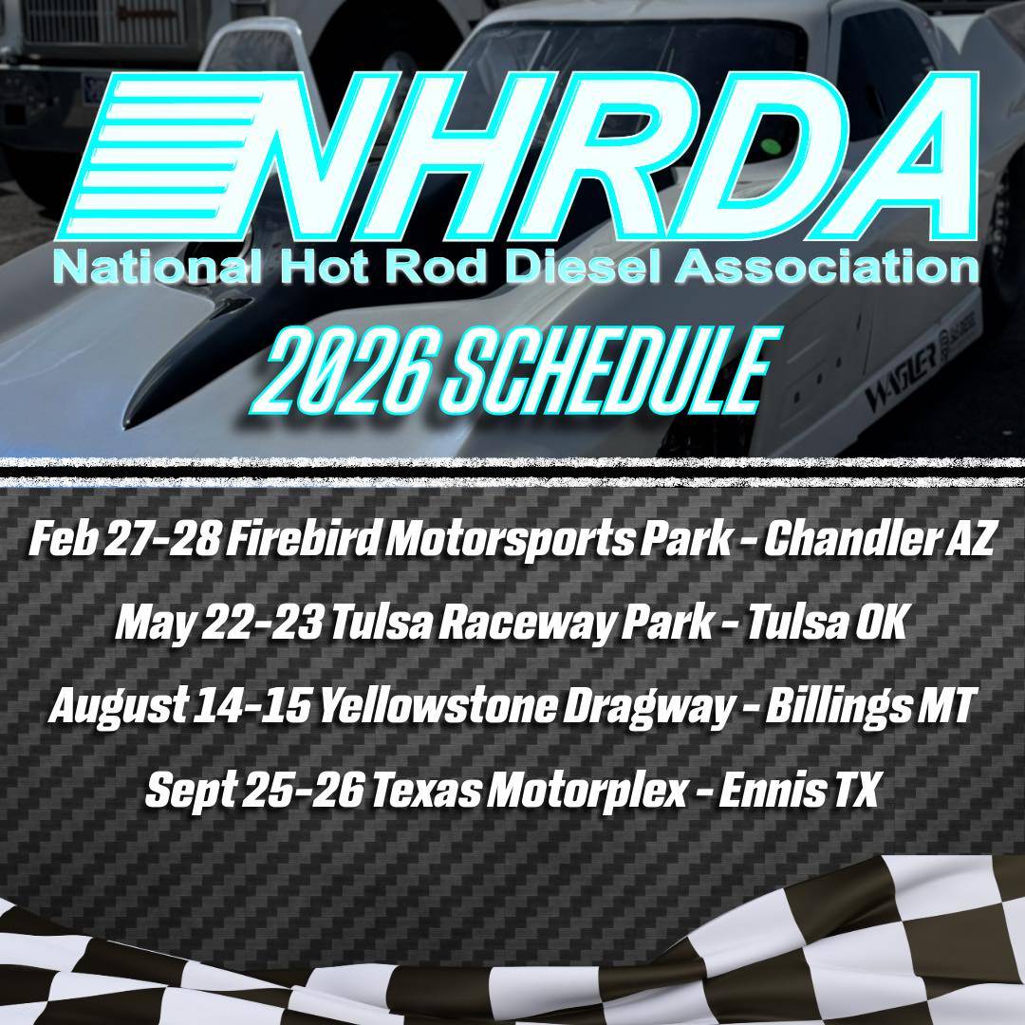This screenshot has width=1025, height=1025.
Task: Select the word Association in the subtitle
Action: (x=827, y=267)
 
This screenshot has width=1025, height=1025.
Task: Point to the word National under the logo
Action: (x=158, y=267)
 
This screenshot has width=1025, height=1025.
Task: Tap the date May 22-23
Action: (x=218, y=624)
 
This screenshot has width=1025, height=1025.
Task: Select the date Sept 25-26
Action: (x=254, y=790)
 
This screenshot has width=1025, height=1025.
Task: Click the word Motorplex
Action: (x=587, y=790)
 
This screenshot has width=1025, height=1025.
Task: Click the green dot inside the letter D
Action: (x=772, y=144)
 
